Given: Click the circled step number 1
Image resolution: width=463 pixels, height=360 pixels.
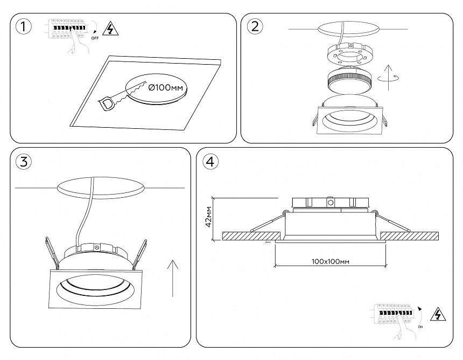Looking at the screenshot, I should point(22,26).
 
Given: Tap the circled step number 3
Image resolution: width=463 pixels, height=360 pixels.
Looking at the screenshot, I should point(22,161).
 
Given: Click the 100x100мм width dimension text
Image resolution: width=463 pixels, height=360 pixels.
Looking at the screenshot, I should point(331,261).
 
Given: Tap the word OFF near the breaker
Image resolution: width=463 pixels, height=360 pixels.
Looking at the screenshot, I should point(95,39).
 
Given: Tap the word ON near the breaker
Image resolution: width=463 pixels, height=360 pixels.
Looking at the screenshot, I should point(420,327).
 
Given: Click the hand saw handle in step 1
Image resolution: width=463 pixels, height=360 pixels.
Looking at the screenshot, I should point(108,102).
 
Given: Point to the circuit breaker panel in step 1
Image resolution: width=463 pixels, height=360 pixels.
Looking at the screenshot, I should point(67,27).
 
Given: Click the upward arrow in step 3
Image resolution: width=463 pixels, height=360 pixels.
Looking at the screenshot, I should point(172,277).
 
